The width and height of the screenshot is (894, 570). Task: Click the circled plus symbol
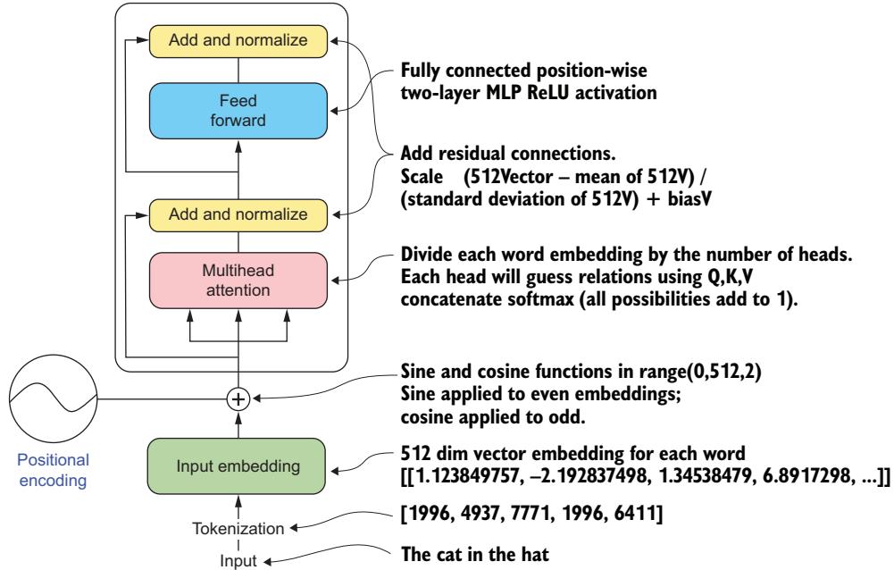coord(237,399)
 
